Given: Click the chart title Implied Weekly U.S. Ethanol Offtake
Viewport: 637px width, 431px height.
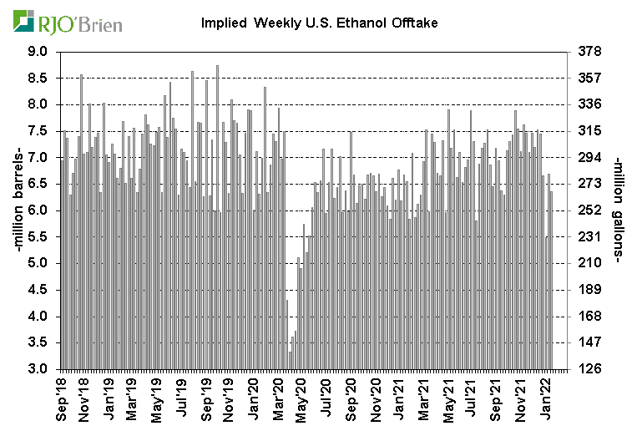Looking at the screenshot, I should click(320, 23).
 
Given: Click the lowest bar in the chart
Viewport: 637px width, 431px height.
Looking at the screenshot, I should click(290, 360).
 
